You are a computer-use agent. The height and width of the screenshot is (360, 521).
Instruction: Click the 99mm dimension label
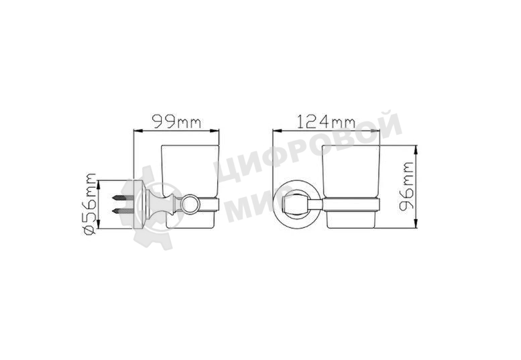point(176,122)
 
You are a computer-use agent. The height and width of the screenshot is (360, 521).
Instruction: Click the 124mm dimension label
point(326,121)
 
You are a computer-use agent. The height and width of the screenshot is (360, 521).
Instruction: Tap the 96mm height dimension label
point(406,186)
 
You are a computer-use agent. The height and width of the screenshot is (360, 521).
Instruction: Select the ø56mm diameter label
point(90,204)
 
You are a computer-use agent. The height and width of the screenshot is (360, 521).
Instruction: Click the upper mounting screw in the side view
point(123,198)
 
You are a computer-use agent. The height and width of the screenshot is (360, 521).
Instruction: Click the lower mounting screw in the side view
point(123,211)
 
